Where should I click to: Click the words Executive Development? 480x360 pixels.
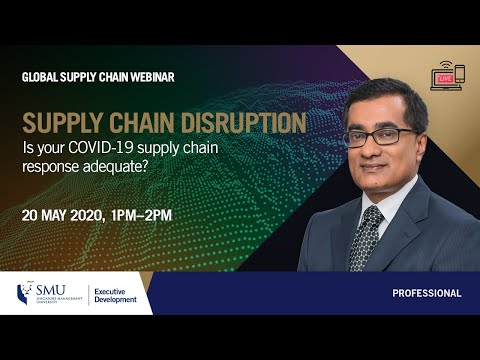click(117, 294)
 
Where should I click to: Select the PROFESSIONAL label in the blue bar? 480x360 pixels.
click(426, 294)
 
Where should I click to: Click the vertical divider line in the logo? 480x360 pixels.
click(89, 294)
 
